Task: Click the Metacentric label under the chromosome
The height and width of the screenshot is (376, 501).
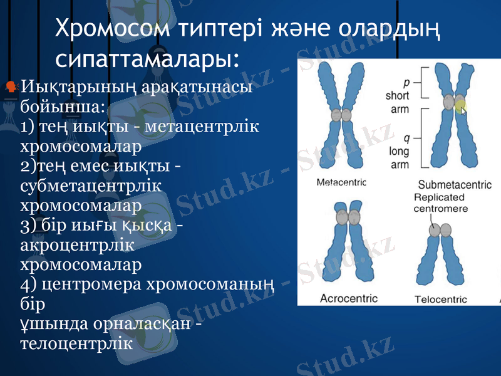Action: pyautogui.click(x=342, y=183)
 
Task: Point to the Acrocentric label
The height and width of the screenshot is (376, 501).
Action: pyautogui.click(x=349, y=298)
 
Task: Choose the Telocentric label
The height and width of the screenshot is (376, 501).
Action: pyautogui.click(x=441, y=299)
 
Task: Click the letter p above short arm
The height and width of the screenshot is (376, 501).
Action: pyautogui.click(x=406, y=82)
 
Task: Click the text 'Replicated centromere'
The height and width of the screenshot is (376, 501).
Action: pyautogui.click(x=441, y=202)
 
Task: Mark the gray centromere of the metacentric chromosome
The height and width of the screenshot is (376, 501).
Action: pyautogui.click(x=342, y=115)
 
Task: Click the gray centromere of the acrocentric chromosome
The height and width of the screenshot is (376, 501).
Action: pyautogui.click(x=343, y=217)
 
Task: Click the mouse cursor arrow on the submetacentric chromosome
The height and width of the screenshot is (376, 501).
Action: pyautogui.click(x=464, y=110)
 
